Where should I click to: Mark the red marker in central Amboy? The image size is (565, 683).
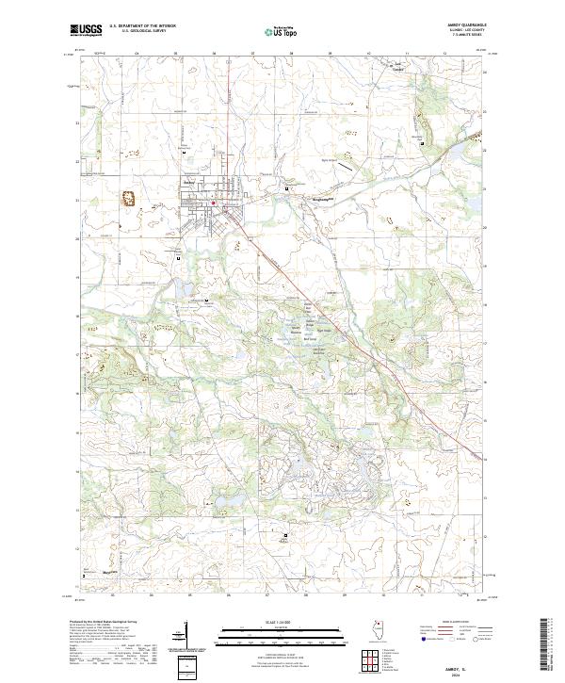pyautogui.click(x=214, y=202)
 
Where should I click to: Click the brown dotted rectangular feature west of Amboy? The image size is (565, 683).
pyautogui.click(x=124, y=198)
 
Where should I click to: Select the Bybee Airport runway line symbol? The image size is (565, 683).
pyautogui.click(x=345, y=165)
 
